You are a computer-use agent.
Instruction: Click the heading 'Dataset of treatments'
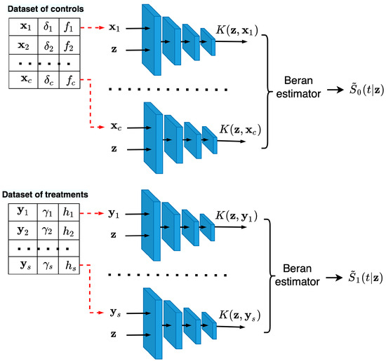tap(49, 193)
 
